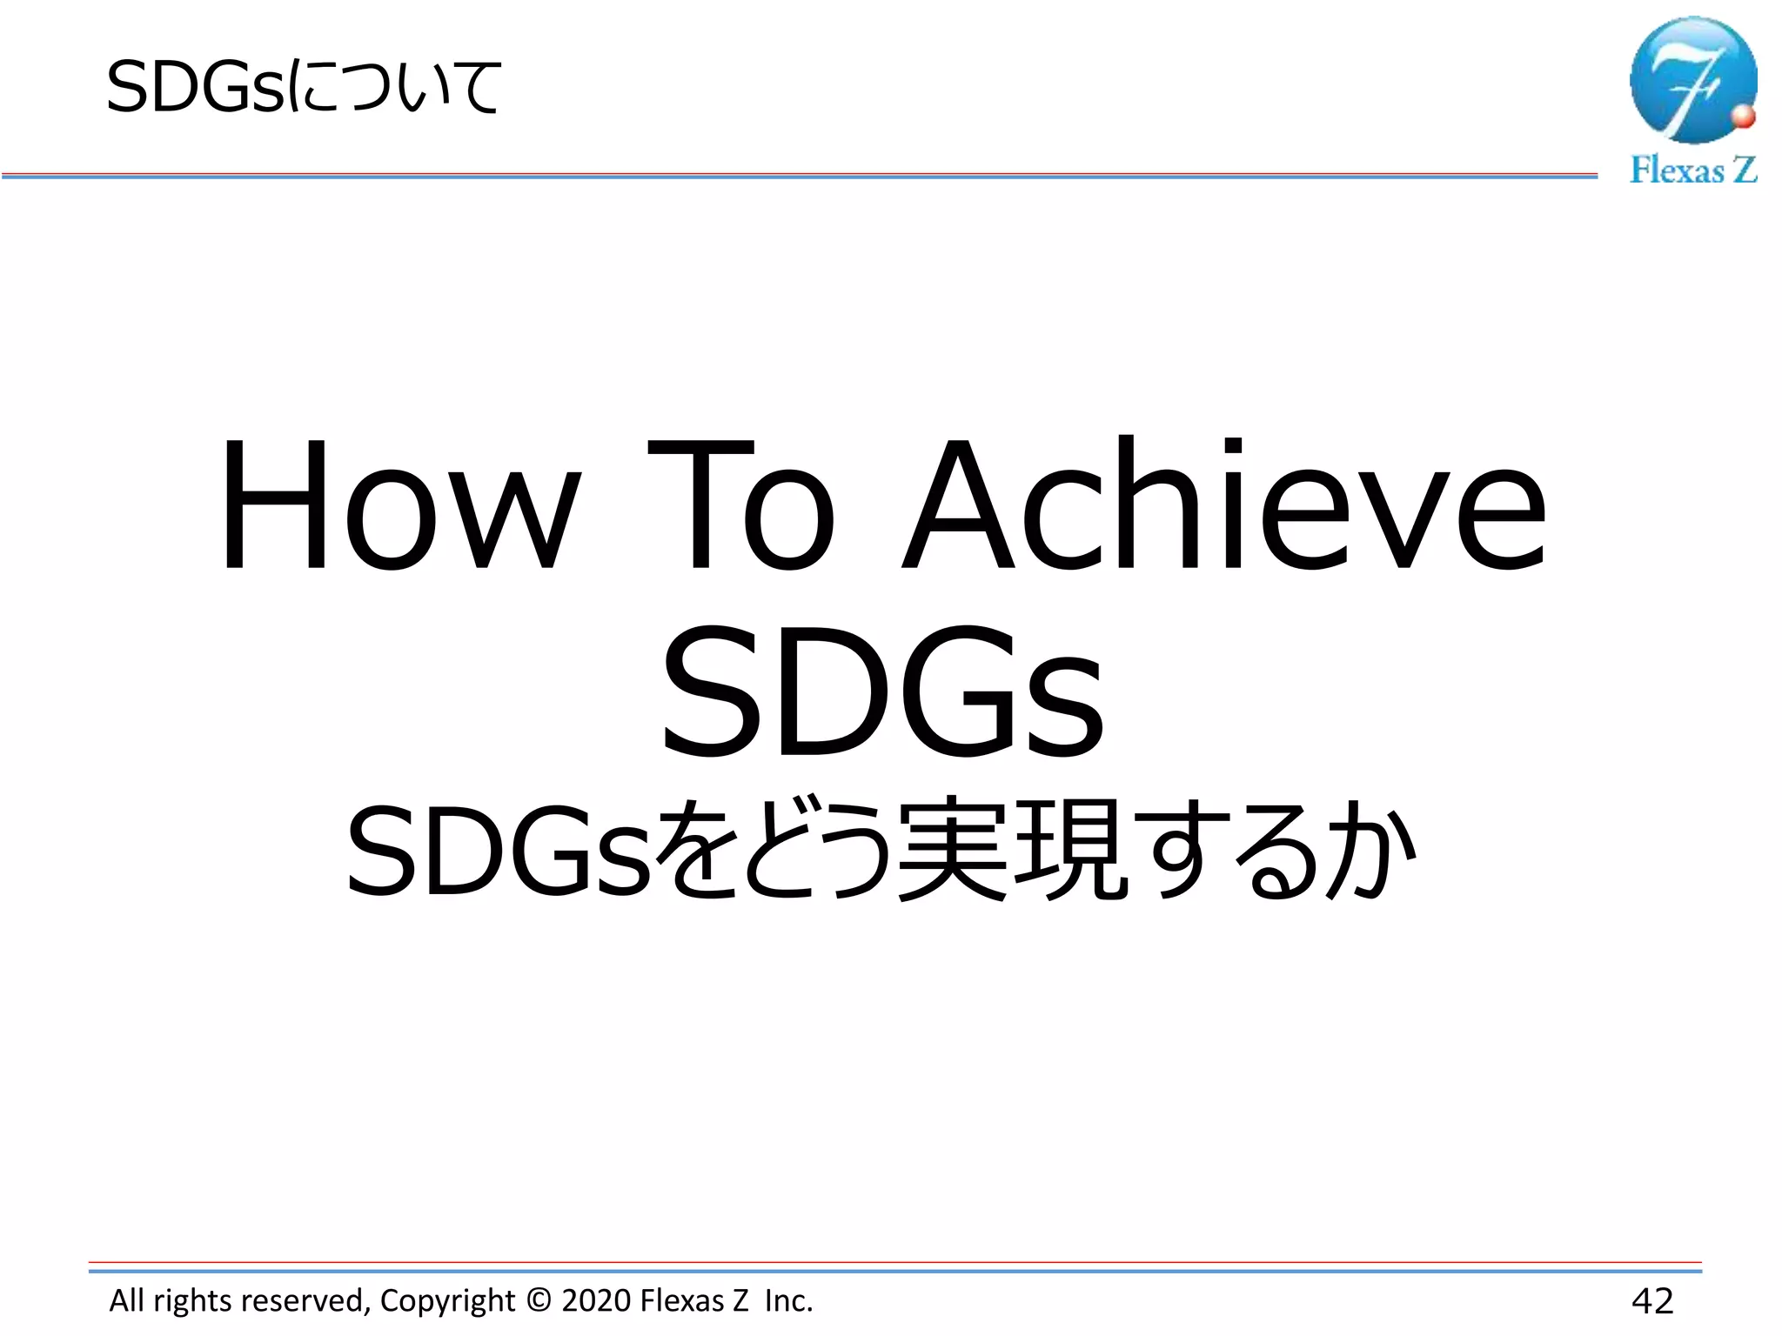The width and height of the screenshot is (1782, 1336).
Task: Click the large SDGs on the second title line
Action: click(882, 691)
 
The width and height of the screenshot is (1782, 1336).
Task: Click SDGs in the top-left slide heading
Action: click(195, 88)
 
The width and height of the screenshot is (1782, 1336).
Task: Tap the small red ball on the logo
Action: click(1743, 117)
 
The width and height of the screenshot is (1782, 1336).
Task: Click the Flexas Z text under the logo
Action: click(1692, 170)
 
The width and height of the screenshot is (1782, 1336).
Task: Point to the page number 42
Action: click(1651, 1301)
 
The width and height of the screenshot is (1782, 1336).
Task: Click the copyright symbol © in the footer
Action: click(539, 1300)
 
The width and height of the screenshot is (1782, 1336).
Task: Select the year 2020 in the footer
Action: click(596, 1300)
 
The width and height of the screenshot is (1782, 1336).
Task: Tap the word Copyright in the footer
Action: click(447, 1301)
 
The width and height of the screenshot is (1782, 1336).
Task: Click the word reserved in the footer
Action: click(303, 1300)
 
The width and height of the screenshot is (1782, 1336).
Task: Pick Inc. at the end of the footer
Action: click(788, 1300)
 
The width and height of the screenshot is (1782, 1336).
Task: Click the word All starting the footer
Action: click(127, 1300)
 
